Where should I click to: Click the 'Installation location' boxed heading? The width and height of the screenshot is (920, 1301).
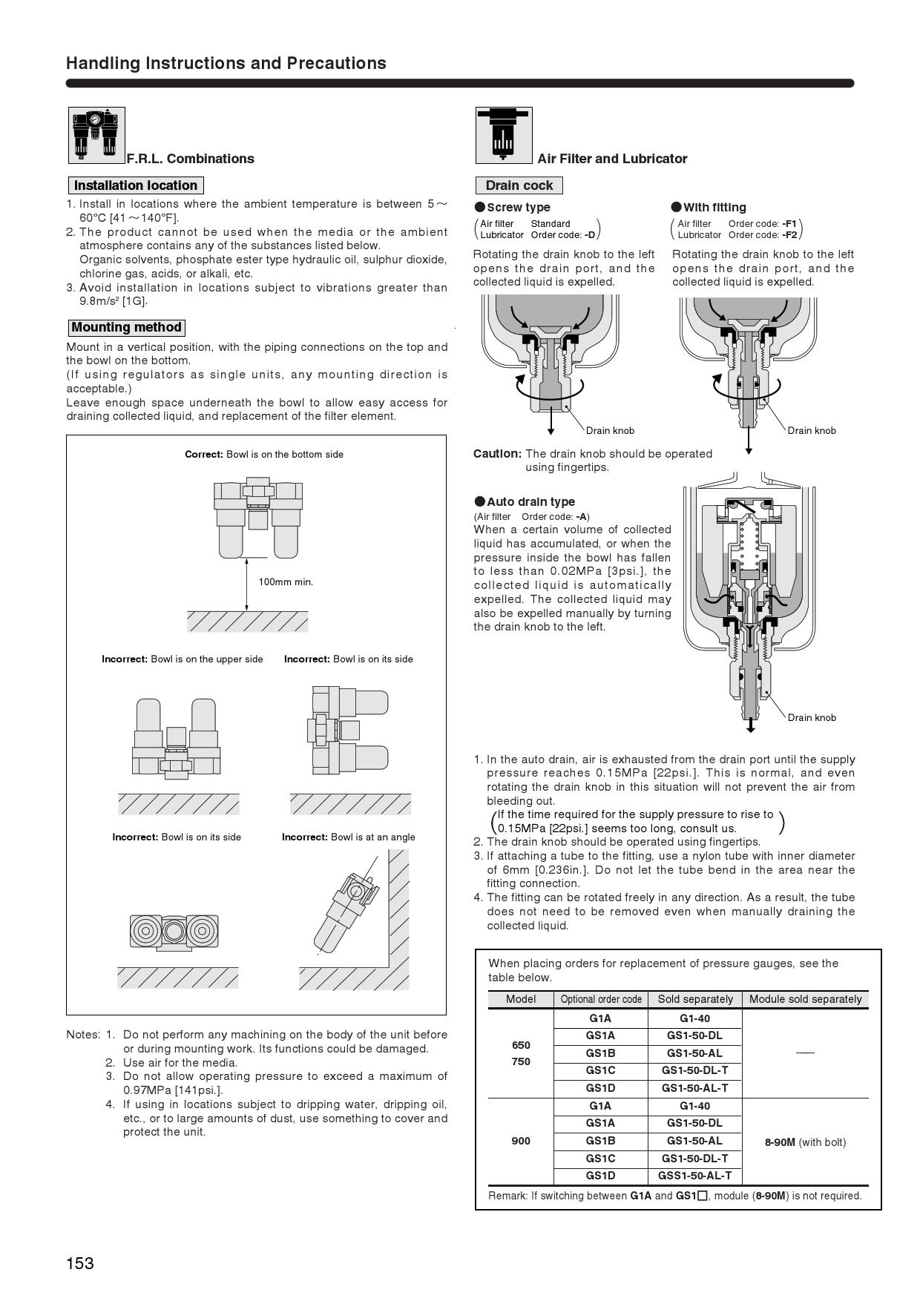tap(135, 185)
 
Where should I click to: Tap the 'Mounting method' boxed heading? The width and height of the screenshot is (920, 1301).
tap(126, 327)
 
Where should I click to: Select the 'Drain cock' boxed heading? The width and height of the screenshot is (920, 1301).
tap(519, 185)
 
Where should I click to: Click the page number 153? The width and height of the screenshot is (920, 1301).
tap(80, 1263)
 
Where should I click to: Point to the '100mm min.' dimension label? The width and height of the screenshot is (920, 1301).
tap(286, 582)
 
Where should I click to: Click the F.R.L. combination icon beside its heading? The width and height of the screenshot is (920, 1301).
tap(96, 135)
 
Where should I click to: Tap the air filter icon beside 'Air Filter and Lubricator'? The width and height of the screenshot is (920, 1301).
tap(504, 135)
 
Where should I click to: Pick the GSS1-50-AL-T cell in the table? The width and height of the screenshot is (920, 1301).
tap(694, 1175)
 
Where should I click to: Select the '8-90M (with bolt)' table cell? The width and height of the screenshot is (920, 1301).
tap(805, 1142)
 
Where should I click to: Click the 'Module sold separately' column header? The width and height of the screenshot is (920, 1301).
tap(805, 999)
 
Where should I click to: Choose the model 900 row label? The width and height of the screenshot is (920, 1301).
tap(521, 1141)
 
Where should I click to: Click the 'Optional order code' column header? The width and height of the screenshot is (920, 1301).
tap(601, 999)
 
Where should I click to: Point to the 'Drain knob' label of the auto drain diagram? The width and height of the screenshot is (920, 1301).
tap(812, 717)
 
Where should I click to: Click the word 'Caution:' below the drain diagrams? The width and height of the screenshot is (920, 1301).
tap(497, 453)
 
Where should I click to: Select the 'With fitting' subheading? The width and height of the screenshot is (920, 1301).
tap(714, 208)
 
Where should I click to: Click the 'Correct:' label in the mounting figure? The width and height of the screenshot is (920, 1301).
tap(204, 454)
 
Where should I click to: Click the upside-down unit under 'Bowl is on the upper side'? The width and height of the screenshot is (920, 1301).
tap(177, 738)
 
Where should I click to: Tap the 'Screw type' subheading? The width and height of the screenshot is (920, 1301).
tap(518, 208)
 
